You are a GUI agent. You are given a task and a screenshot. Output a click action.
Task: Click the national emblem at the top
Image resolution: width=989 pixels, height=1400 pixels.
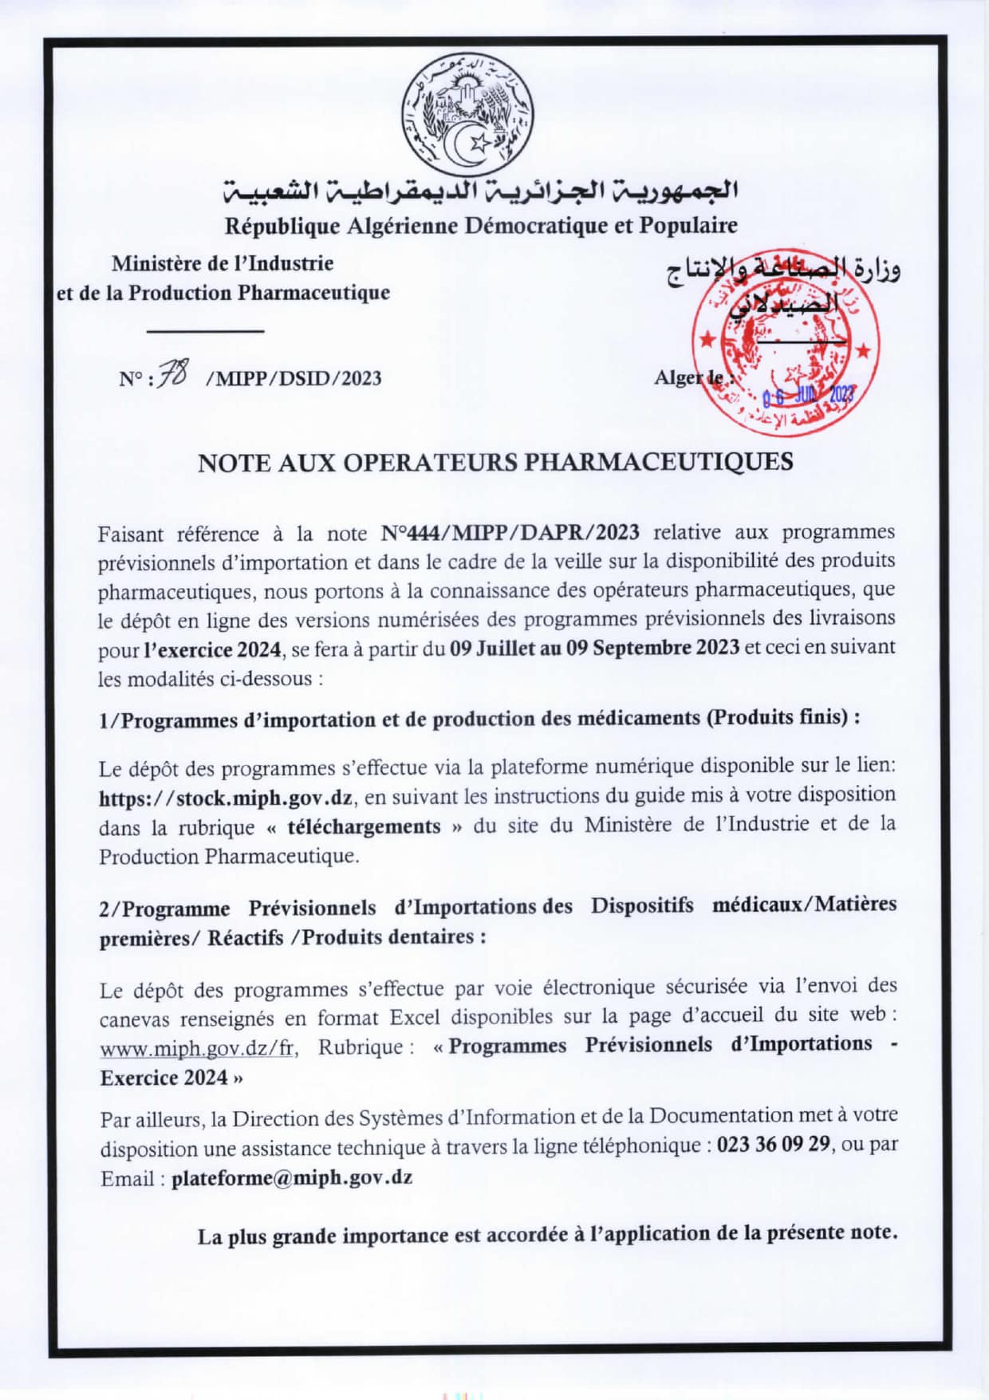467,113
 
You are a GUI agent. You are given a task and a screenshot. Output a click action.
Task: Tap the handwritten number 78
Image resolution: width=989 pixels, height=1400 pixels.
173,373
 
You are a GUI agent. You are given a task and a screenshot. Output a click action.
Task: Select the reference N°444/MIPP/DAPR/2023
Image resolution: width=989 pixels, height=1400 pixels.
510,533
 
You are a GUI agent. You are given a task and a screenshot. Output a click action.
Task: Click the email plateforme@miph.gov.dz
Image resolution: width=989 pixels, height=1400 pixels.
291,1178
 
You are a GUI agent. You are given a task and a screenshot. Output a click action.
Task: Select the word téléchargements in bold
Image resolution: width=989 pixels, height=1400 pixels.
364,827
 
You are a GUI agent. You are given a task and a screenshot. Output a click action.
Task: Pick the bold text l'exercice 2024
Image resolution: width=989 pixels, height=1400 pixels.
212,649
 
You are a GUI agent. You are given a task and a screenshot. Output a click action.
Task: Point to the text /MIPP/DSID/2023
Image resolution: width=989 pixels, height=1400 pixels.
294,378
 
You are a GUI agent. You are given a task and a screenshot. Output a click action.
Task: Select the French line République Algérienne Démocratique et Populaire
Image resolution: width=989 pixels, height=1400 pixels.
481,227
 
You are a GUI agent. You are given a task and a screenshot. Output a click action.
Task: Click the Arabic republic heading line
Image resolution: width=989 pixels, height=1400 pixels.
481,191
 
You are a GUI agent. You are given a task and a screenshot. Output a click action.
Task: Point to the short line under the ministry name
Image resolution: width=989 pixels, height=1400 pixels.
205,330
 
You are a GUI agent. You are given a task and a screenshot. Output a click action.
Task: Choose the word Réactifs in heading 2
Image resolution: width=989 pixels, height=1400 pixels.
246,938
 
